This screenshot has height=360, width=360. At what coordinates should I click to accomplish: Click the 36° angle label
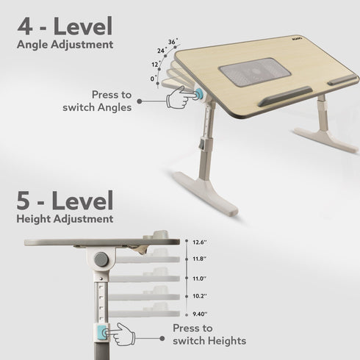173,42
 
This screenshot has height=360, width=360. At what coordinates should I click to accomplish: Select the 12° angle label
155,64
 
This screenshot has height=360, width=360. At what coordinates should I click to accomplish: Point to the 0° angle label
152,78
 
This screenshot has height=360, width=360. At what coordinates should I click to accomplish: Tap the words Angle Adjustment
65,45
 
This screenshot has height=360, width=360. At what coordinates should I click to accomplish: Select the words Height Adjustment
65,219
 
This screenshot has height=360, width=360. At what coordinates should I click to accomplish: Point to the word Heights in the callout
223,341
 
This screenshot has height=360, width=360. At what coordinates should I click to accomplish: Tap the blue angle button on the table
200,93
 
